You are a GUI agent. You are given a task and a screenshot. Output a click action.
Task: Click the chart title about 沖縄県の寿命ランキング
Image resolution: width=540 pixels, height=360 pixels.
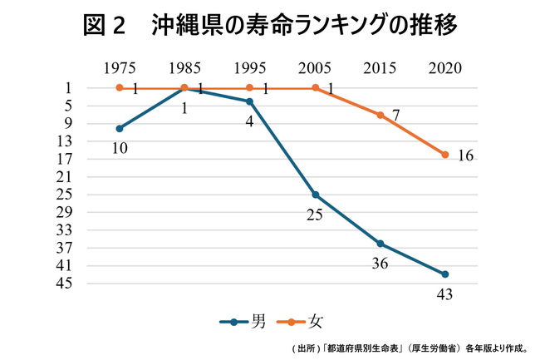pos(270,27)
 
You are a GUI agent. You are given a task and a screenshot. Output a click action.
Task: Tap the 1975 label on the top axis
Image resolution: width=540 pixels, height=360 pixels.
pos(120,68)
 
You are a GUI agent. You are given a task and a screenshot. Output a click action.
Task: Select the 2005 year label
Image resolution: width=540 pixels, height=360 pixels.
pos(315,68)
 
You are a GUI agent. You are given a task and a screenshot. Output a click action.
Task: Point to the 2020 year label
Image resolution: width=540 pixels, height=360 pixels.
pos(445,68)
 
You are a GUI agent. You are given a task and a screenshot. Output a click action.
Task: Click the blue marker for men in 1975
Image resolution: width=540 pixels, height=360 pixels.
pos(120,128)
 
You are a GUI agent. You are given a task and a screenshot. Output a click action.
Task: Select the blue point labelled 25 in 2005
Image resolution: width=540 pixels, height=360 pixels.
pos(315,195)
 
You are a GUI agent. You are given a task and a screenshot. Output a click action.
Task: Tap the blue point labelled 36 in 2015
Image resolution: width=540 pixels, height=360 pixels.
pos(380,244)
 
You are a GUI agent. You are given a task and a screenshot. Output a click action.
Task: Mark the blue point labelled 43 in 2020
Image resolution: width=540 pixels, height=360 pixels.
pos(445,274)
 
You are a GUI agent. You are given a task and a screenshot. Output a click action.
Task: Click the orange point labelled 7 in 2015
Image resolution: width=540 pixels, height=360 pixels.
pos(380,115)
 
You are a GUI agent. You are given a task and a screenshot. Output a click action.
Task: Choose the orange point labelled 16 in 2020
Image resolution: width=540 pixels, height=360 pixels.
pos(445,155)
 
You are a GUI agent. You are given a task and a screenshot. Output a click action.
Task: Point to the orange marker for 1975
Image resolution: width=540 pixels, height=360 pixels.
pos(120,88)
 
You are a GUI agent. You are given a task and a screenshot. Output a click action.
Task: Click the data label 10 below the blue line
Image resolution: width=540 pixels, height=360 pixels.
pos(120,148)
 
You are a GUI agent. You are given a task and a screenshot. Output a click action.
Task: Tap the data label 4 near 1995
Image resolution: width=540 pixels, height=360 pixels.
pos(248,121)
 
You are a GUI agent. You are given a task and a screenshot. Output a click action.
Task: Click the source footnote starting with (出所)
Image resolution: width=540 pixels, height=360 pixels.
pos(408,348)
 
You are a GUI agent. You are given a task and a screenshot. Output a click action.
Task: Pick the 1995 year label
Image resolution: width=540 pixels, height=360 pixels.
pos(250,68)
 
